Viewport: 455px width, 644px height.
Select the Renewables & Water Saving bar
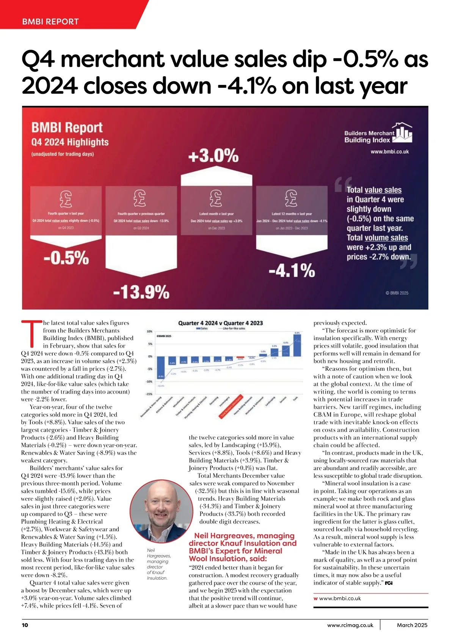pyautogui.click(x=161, y=367)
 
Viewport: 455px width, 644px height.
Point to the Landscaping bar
pyautogui.click(x=274, y=352)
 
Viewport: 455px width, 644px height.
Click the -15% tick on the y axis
pyautogui.click(x=149, y=394)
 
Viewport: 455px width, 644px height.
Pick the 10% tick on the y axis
pyautogui.click(x=149, y=331)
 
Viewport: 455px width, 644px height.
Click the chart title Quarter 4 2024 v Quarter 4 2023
pyautogui.click(x=220, y=323)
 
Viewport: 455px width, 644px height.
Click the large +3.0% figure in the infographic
pyautogui.click(x=213, y=156)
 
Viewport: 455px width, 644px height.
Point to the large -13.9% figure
pyautogui.click(x=141, y=292)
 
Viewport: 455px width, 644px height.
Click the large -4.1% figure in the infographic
pyautogui.click(x=292, y=271)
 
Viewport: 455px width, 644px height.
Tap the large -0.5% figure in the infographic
pyautogui.click(x=66, y=258)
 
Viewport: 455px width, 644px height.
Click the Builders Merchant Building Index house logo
pyautogui.click(x=402, y=132)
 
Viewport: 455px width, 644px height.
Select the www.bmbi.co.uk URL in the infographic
pyautogui.click(x=389, y=151)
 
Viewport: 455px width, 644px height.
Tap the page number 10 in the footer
pyautogui.click(x=25, y=625)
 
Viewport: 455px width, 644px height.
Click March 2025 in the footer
pyautogui.click(x=412, y=625)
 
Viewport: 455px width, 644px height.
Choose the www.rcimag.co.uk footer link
pyautogui.click(x=350, y=625)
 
